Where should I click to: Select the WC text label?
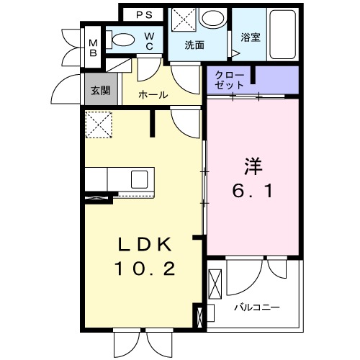[x=148, y=41]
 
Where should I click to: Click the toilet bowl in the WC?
[x=122, y=40]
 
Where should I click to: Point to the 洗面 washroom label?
[x=194, y=45]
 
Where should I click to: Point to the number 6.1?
[x=253, y=193]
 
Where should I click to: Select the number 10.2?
[x=144, y=270]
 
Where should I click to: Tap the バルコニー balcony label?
[x=256, y=307]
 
